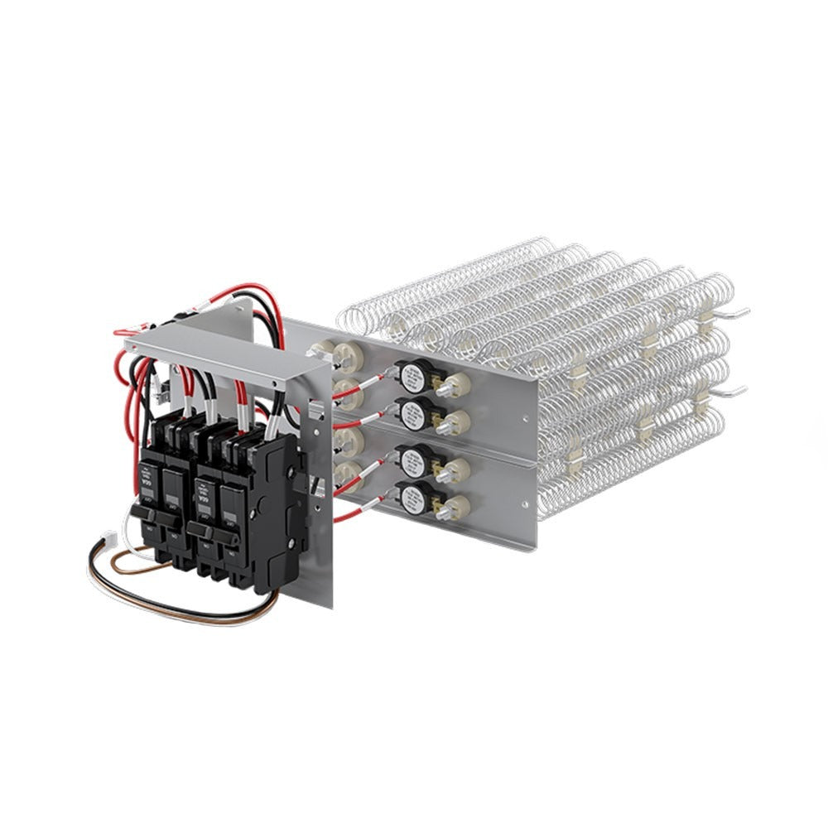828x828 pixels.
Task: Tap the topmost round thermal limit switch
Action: (410, 377)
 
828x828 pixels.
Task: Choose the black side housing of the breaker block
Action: (277, 513)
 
